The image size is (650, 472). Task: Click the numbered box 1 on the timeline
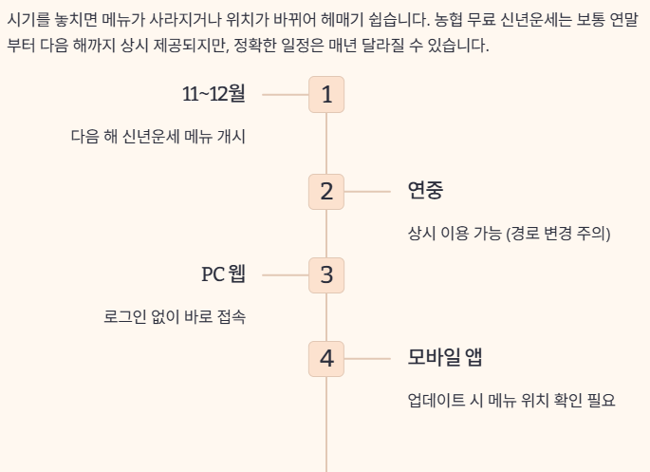(326, 95)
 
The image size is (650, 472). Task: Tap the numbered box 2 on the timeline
(326, 192)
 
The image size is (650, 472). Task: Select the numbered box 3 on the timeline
(326, 275)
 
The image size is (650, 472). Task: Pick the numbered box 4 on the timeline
(326, 359)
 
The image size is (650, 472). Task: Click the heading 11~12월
(214, 94)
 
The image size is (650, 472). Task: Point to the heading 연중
(425, 191)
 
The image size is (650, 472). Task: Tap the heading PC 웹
(223, 274)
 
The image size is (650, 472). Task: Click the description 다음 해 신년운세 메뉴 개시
(158, 136)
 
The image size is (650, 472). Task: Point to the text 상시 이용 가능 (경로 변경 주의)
(509, 233)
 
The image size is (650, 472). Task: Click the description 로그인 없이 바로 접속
(175, 316)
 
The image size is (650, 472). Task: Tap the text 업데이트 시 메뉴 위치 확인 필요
(511, 400)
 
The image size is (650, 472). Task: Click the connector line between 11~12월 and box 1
(285, 95)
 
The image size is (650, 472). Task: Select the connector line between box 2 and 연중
(367, 192)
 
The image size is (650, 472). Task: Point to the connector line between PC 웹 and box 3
(285, 275)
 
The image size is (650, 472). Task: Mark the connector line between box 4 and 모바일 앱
(367, 359)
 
